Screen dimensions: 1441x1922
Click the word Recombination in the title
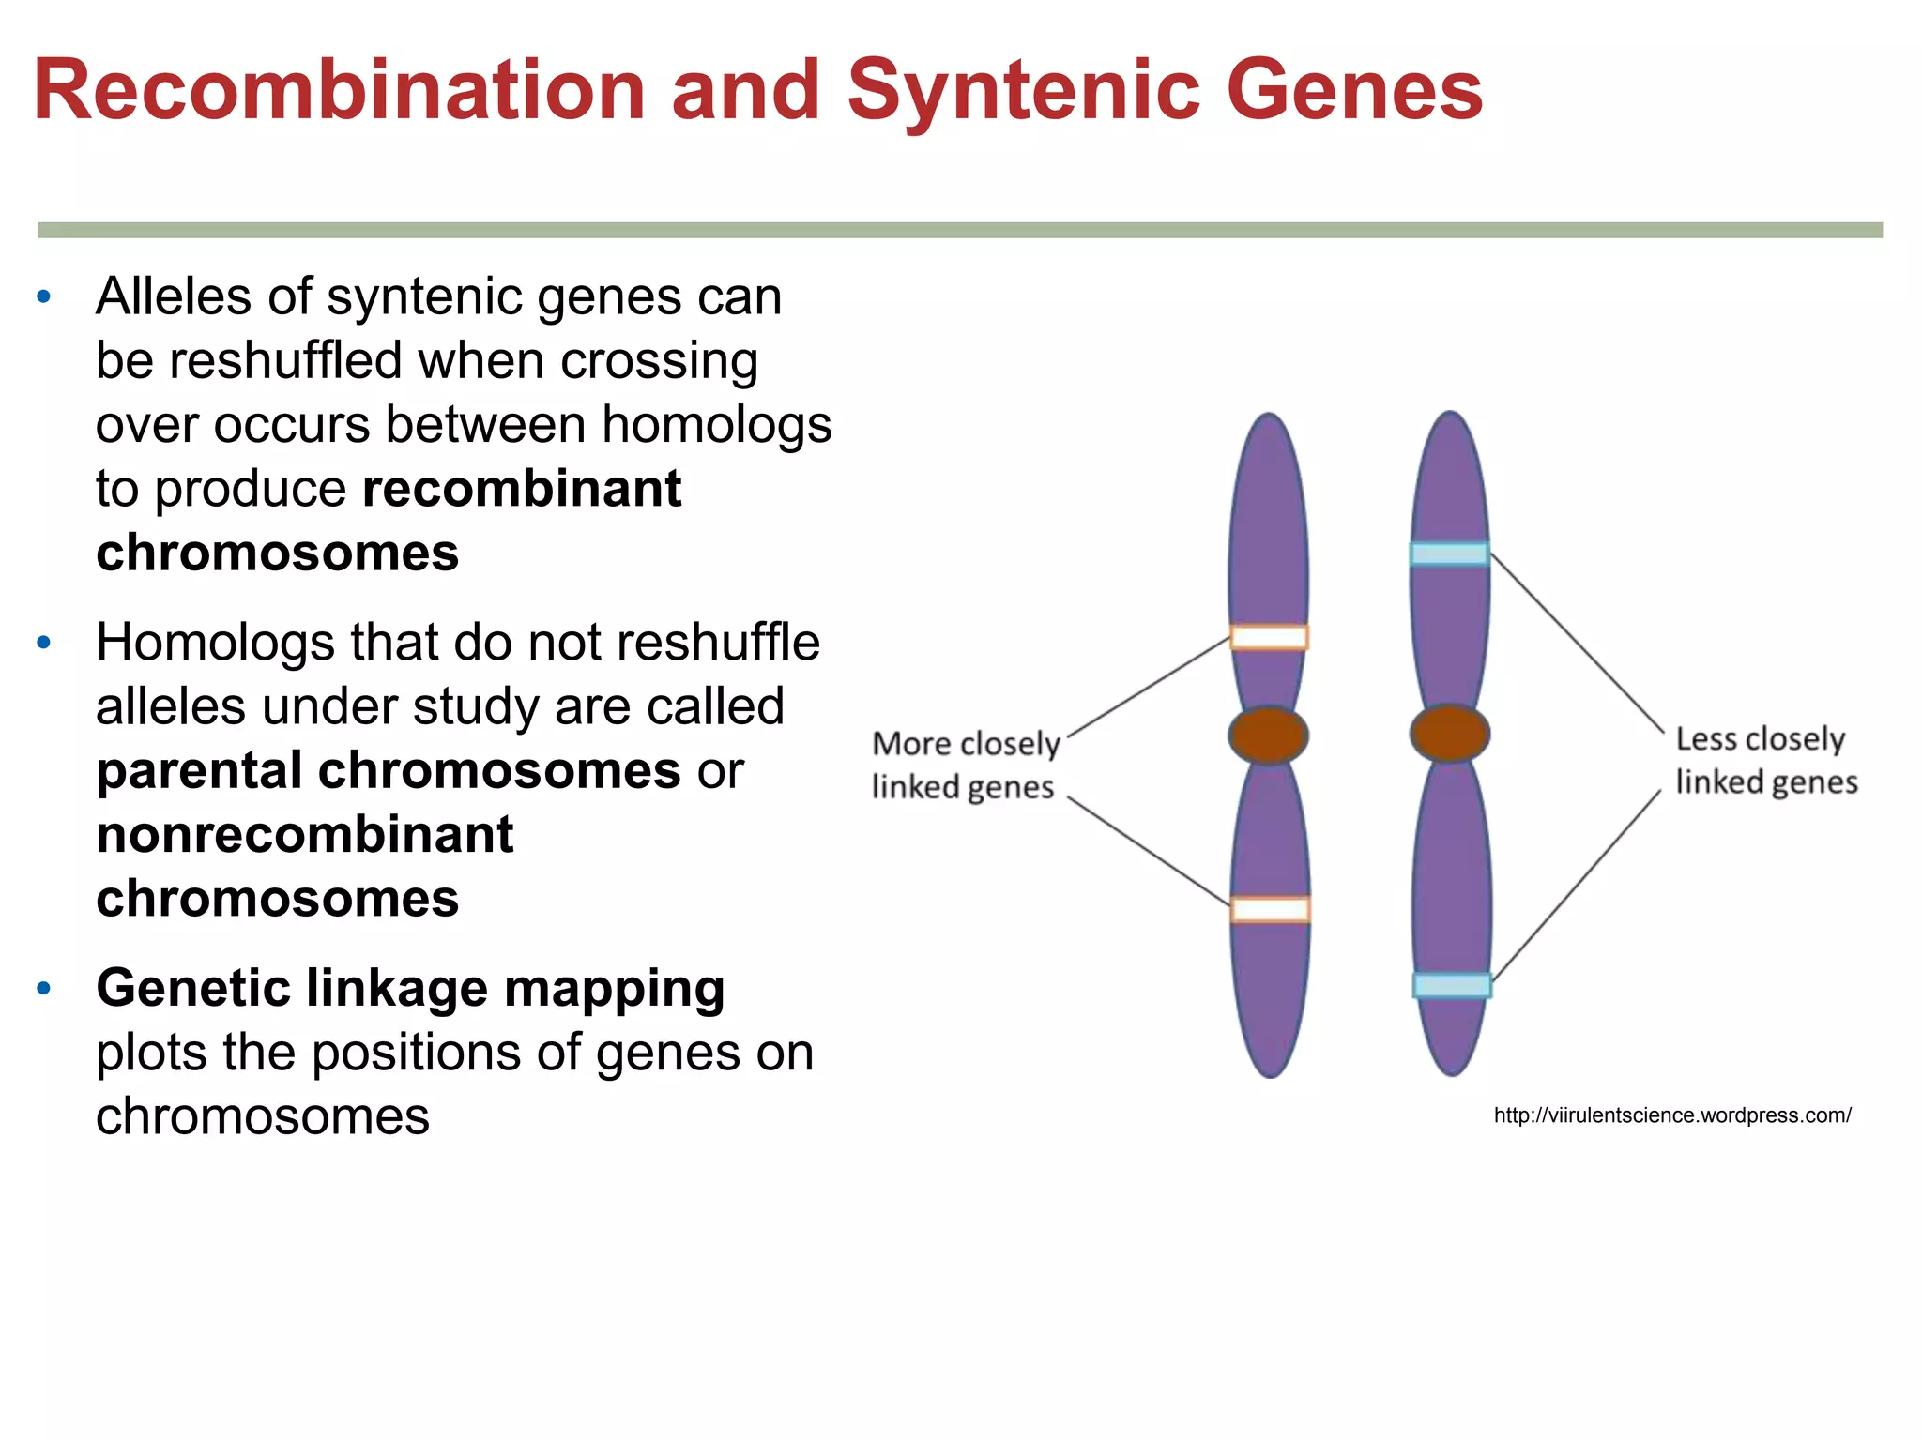click(338, 90)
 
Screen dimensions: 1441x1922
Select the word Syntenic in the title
click(1024, 90)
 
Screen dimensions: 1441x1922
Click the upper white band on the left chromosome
click(1269, 638)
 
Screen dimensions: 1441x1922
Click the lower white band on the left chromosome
click(1270, 909)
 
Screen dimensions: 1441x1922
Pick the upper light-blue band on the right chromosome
click(1450, 554)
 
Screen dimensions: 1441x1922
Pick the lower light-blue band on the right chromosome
click(1452, 985)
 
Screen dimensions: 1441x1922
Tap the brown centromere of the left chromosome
click(1269, 735)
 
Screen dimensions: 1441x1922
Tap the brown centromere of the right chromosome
click(1450, 733)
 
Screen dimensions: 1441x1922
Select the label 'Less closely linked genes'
click(1764, 760)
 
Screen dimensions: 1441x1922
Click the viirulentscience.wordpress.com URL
click(1672, 1115)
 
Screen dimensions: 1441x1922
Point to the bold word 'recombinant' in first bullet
click(522, 489)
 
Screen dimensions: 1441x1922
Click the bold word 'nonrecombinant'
click(305, 835)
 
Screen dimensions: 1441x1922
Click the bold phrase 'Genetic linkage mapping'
click(410, 988)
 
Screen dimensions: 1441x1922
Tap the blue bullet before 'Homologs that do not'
click(43, 644)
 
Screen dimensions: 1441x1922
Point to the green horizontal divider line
click(960, 230)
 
